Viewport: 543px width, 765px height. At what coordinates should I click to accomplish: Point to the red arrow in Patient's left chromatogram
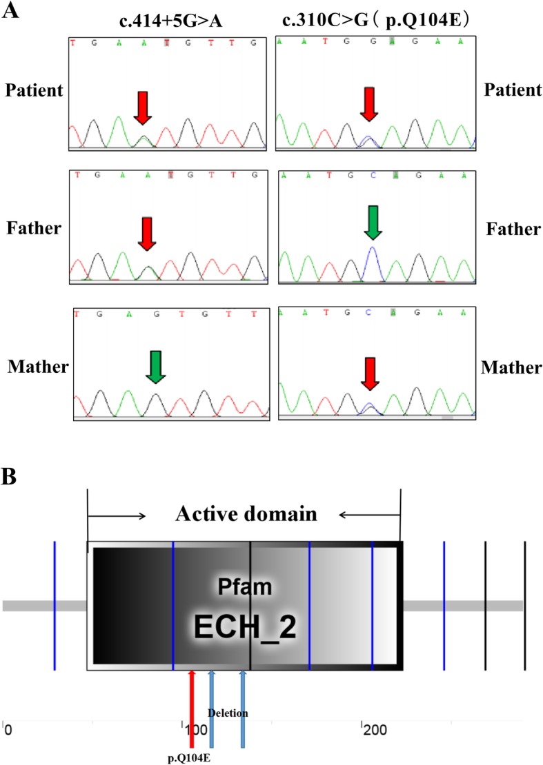tap(141, 109)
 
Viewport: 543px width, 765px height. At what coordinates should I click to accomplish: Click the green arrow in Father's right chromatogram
tap(373, 222)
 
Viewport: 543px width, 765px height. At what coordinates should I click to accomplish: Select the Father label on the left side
tap(33, 228)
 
